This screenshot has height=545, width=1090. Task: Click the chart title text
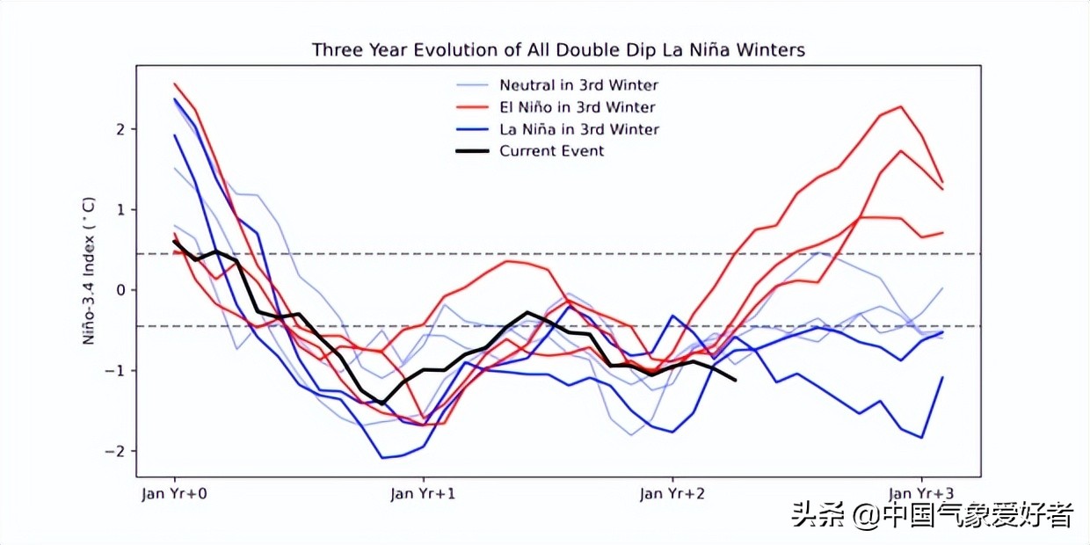pos(558,50)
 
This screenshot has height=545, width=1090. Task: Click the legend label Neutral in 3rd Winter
pos(578,85)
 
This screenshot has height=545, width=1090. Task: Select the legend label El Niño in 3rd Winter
pos(577,107)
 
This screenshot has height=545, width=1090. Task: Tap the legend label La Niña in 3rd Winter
pos(579,129)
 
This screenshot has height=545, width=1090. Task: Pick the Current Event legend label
pos(552,151)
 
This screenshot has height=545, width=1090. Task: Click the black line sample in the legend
pos(473,151)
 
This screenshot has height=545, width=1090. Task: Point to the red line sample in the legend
pos(473,107)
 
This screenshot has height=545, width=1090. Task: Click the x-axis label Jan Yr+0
pos(174,493)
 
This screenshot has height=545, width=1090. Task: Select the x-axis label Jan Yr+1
pos(423,493)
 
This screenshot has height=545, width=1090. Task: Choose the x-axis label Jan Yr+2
pos(672,493)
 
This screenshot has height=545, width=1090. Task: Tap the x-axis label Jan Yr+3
pos(921,493)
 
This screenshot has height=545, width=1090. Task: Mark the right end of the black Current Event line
pos(735,380)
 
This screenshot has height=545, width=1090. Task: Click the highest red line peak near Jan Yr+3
pos(900,106)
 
